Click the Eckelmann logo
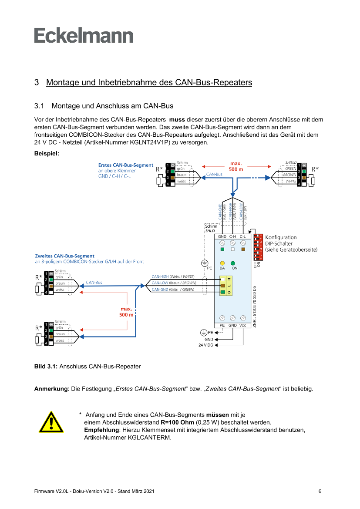click(x=84, y=35)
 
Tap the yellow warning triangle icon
click(x=51, y=421)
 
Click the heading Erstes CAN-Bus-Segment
click(x=126, y=165)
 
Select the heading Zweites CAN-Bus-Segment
click(x=65, y=256)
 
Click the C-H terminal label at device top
click(x=233, y=236)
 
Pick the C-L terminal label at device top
click(x=243, y=236)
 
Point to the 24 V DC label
click(x=204, y=345)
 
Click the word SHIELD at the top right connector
click(x=291, y=162)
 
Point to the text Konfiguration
click(x=281, y=237)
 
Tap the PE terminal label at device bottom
click(x=222, y=325)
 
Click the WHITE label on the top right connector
click(x=291, y=181)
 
